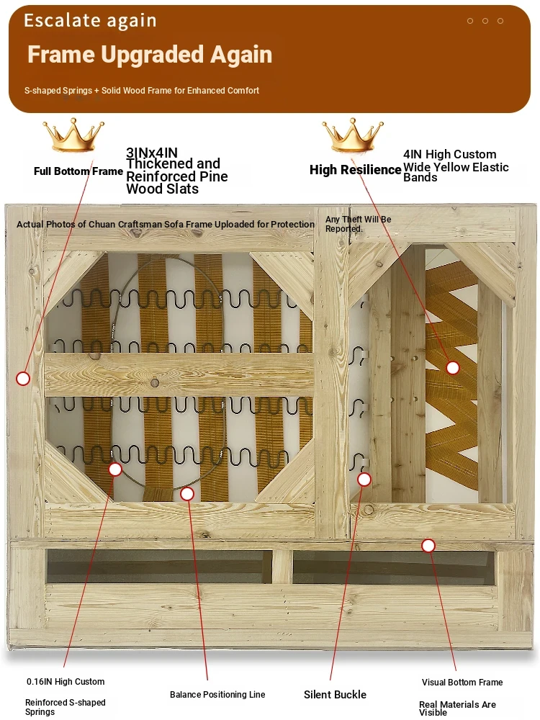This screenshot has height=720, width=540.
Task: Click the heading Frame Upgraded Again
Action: click(150, 55)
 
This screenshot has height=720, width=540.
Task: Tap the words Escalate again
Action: click(90, 21)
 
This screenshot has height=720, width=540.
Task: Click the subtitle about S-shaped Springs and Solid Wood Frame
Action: click(141, 91)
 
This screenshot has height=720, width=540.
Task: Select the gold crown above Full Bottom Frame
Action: click(73, 135)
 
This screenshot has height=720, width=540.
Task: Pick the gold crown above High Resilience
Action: click(353, 135)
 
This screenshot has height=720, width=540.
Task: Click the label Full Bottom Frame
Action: click(78, 171)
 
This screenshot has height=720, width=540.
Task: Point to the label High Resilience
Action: click(356, 170)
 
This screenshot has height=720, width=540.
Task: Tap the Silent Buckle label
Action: click(336, 695)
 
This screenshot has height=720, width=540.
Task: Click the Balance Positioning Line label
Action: click(217, 695)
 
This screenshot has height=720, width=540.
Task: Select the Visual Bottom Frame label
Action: click(462, 683)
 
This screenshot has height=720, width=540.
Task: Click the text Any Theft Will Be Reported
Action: click(358, 224)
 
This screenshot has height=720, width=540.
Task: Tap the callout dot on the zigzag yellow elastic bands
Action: click(453, 367)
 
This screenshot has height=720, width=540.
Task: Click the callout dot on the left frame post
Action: click(23, 379)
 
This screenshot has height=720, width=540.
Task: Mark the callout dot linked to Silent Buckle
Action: click(364, 480)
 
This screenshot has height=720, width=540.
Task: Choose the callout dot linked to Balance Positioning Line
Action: click(187, 494)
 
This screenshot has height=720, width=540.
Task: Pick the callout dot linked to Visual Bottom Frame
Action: click(428, 546)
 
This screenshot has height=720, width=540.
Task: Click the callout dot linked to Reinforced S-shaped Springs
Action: click(115, 469)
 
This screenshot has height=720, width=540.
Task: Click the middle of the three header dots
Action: click(485, 21)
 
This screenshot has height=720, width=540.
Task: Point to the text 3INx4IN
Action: click(151, 153)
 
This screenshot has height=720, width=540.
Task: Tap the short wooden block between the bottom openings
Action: click(282, 567)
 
